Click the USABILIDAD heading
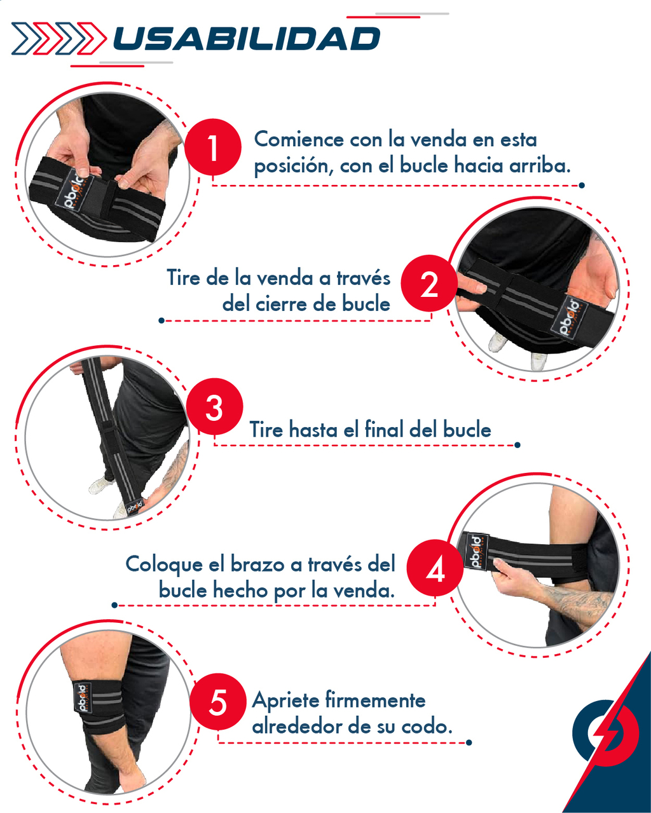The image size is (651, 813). click(247, 38)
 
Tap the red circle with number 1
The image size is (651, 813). click(213, 147)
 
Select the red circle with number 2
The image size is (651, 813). click(429, 284)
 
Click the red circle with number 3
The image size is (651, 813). click(214, 407)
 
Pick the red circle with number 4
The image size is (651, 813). click(435, 568)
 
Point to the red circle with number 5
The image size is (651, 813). click(217, 702)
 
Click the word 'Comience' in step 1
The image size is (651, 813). click(299, 139)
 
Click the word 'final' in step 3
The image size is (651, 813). click(384, 429)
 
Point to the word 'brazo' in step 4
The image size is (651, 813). click(257, 564)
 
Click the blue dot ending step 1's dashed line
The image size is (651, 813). click(582, 185)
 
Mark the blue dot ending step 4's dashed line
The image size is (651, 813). click(115, 605)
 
